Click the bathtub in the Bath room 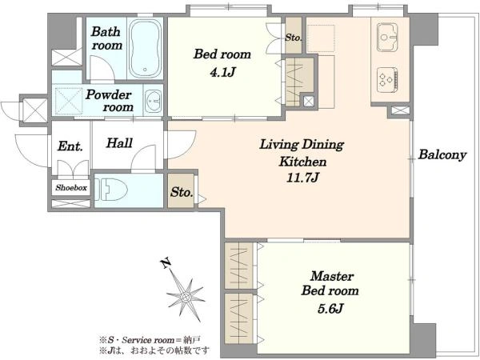[x=145, y=48]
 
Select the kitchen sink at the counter [x=386, y=37]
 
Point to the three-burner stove [x=387, y=79]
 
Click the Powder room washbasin [x=153, y=101]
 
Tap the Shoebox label [x=71, y=188]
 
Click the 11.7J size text [x=302, y=178]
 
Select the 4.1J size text [x=222, y=72]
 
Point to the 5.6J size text [x=330, y=308]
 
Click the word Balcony [x=442, y=154]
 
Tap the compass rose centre [x=186, y=296]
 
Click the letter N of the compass [x=166, y=263]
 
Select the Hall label [x=119, y=143]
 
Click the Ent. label [x=70, y=146]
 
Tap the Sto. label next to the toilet [x=182, y=192]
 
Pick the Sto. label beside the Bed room [x=294, y=38]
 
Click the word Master [x=332, y=276]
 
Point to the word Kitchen [x=302, y=162]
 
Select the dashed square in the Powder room [x=69, y=101]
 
